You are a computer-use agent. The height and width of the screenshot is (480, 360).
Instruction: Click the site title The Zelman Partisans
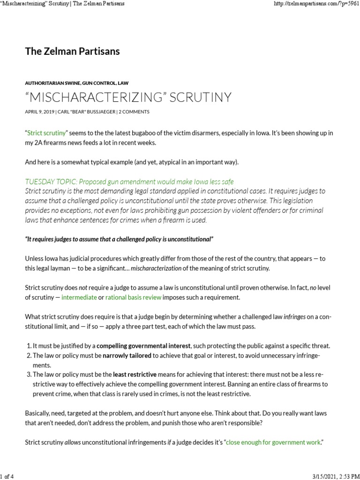click(x=72, y=52)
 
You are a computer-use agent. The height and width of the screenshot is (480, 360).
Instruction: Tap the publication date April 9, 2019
click(x=39, y=112)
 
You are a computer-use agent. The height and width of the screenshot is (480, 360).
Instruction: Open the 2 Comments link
click(x=134, y=112)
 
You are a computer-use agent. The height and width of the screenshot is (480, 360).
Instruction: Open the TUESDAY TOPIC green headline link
click(x=129, y=182)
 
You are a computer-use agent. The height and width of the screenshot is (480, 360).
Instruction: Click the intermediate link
click(x=79, y=297)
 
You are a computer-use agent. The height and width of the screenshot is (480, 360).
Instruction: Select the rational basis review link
click(x=133, y=297)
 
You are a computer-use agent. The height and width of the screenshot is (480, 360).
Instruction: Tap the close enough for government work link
click(x=273, y=442)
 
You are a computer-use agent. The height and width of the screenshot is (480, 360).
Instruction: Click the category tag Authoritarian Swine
click(x=52, y=82)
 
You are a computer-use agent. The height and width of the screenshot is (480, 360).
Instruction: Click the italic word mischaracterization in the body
click(x=161, y=268)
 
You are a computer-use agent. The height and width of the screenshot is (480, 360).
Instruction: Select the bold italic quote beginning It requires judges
click(x=119, y=240)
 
